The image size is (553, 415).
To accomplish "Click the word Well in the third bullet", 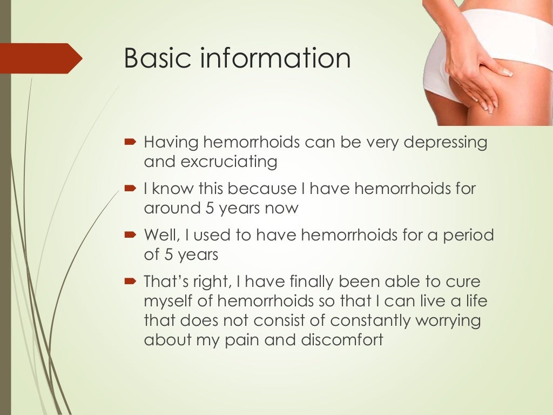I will [x=159, y=236].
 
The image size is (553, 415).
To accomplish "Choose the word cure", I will [x=461, y=283].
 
